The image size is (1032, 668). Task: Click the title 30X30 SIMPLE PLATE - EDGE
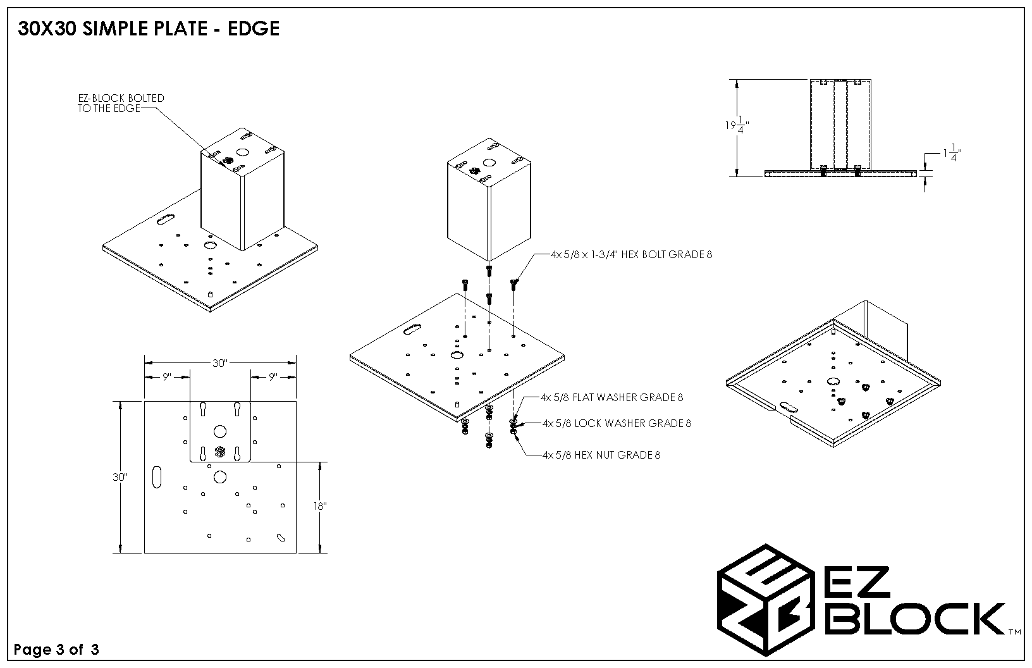pos(149,29)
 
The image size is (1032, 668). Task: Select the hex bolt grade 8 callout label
pos(631,255)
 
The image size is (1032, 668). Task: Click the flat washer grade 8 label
pos(611,398)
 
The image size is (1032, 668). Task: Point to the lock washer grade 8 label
pos(617,423)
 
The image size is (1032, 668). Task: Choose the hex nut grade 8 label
pos(601,455)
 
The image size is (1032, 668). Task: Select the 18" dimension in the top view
pos(319,507)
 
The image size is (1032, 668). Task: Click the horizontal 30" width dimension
pos(219,364)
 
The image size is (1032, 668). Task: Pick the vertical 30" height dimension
pos(120,477)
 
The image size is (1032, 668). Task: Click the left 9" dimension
pos(167,377)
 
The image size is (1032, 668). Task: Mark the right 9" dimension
pos(273,377)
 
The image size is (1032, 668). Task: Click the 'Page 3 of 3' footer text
pos(56,650)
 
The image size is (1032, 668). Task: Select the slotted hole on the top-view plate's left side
pos(157,477)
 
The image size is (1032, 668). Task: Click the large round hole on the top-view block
pos(220,431)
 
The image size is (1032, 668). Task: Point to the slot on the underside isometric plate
pos(789,408)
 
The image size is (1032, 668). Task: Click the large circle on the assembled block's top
pos(243,152)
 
